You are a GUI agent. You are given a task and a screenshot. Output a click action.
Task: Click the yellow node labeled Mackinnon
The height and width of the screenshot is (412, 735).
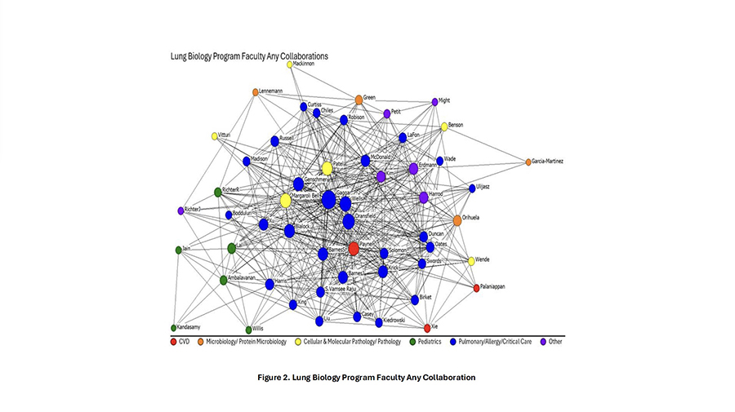[289, 64]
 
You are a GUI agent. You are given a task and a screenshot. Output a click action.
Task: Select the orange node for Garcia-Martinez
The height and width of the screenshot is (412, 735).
[528, 162]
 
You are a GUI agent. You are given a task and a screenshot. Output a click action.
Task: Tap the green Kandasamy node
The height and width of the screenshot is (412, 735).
[173, 328]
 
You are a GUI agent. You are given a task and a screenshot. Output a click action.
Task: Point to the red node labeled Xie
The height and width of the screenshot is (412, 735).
[427, 328]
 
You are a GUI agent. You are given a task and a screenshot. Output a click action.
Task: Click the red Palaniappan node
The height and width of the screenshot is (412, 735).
[476, 288]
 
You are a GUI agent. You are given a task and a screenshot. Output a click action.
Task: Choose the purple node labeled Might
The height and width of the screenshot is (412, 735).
[434, 102]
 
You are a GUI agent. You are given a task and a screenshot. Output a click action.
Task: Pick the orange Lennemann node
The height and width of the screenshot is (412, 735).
[256, 92]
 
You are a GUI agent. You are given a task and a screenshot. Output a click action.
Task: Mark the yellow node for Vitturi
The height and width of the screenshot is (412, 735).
[215, 136]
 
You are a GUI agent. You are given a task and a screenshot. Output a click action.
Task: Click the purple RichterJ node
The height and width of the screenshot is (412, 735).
[180, 210]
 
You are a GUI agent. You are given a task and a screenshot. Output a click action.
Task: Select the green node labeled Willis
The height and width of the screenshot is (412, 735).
[246, 328]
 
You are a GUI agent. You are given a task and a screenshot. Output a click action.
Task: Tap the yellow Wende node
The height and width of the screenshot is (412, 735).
[471, 261]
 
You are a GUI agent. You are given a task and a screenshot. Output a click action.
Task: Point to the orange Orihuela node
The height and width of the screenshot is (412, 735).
[457, 220]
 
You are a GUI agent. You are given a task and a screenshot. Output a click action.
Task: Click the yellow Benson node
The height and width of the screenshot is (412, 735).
[444, 126]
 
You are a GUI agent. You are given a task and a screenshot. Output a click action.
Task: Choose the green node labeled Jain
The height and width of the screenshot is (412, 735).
[178, 250]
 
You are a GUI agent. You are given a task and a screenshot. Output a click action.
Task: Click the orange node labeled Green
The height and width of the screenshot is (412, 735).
[359, 100]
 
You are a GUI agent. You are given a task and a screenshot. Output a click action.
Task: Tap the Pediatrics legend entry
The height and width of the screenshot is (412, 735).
[425, 342]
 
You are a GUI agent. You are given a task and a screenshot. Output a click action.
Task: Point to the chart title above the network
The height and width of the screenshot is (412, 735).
[249, 56]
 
